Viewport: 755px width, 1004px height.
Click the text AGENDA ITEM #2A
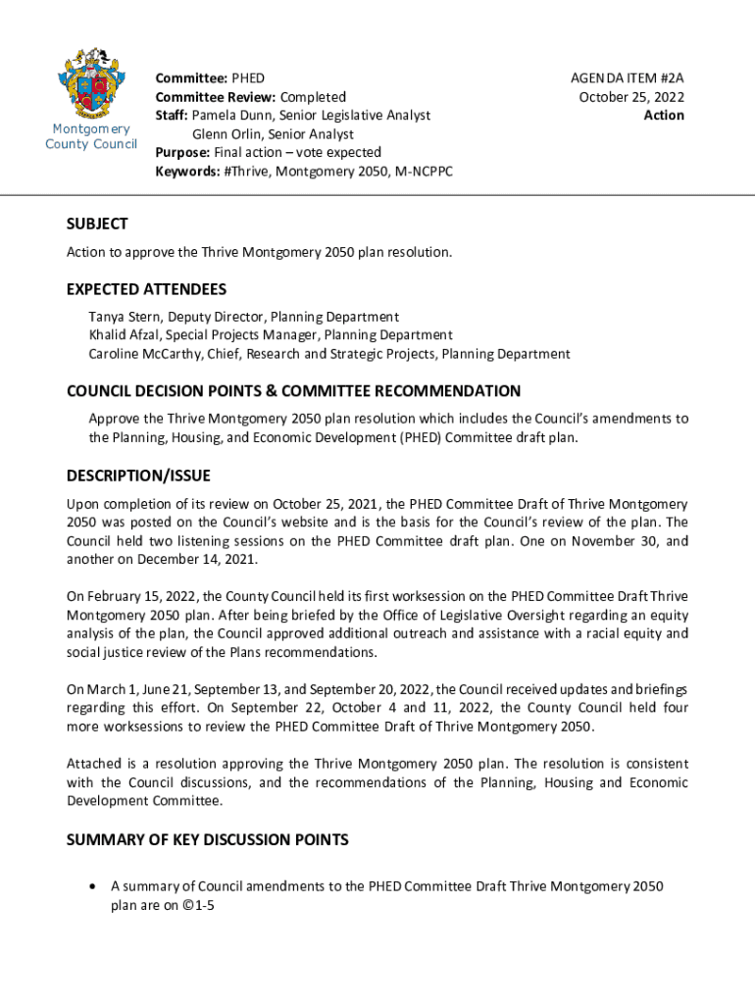point(628,78)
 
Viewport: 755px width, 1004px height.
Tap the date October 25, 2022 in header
point(631,97)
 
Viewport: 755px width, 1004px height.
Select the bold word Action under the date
point(664,116)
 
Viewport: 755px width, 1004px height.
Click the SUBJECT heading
point(97,224)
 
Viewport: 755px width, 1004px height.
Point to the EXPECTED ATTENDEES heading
point(146,289)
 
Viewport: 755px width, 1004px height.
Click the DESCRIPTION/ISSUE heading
point(138,476)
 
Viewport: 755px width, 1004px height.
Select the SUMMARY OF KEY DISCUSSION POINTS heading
point(207,840)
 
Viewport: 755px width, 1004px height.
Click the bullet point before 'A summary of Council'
point(91,886)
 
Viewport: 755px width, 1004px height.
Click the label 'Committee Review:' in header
point(216,97)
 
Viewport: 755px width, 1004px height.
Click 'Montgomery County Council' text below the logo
point(91,137)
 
